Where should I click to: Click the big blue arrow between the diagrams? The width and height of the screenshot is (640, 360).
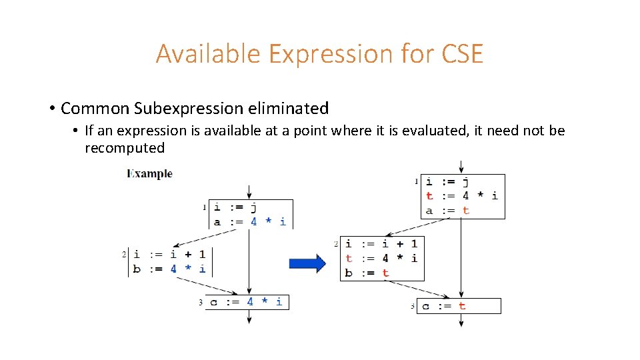pos(307,264)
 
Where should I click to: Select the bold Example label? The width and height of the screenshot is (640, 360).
pos(149,174)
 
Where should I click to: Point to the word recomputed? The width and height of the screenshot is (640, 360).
pos(125,147)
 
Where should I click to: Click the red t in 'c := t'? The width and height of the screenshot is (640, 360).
pos(462,306)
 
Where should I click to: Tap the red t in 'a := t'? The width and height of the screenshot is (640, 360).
pos(465,210)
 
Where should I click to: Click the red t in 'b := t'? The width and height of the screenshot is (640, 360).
pos(385,273)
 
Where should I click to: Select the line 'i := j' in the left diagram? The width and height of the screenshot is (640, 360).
pos(235,208)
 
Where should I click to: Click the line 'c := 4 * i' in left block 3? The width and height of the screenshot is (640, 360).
pos(245,302)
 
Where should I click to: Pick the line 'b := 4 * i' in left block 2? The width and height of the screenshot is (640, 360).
pos(169,269)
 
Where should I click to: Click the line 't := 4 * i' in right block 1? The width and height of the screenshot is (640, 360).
pos(461,195)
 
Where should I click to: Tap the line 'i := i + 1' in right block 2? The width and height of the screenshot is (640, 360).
pos(381,243)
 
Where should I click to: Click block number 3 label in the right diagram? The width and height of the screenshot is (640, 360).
pos(412,307)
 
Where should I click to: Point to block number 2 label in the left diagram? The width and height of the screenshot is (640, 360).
pos(124,254)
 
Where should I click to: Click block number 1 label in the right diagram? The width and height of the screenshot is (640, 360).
pos(417,181)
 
